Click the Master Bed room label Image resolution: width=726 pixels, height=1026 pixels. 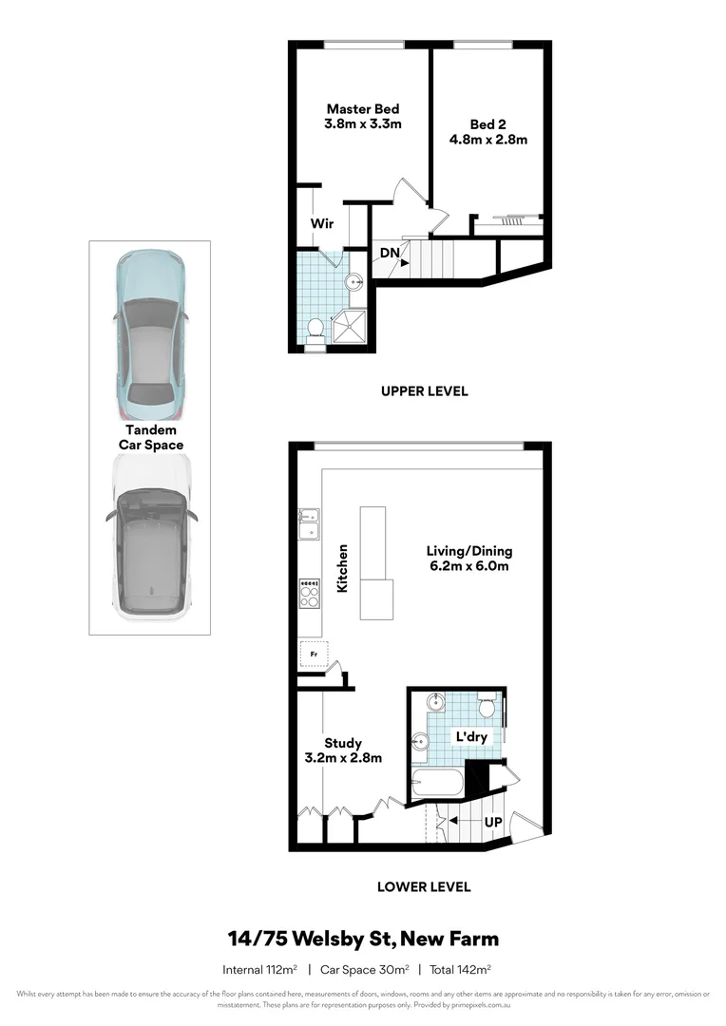363,108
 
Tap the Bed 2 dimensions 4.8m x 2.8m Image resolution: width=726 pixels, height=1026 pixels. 488,140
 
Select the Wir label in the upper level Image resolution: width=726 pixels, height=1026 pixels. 322,223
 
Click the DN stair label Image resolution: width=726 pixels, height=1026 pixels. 390,252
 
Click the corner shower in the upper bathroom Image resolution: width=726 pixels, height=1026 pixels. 351,324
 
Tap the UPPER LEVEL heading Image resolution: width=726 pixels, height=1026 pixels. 424,390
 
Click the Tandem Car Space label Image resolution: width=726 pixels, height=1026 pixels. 150,437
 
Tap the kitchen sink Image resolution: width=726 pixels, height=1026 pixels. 309,524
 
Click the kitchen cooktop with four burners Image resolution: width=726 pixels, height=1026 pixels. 309,594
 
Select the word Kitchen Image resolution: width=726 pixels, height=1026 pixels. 343,568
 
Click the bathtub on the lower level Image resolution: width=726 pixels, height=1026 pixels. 438,784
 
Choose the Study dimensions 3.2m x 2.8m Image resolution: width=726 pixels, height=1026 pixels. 343,758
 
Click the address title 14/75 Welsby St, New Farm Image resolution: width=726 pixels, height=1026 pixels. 363,940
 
